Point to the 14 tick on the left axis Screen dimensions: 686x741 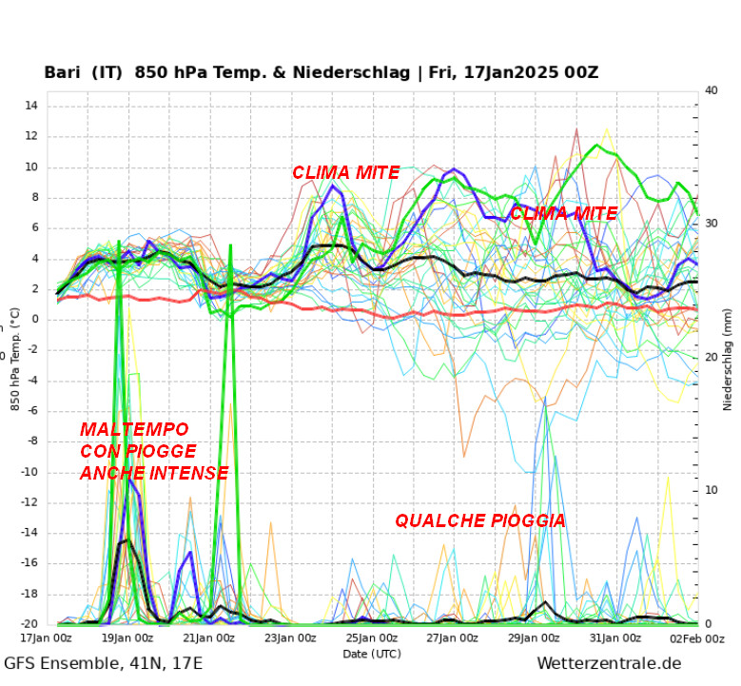pos(31,106)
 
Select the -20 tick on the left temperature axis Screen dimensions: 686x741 pos(29,624)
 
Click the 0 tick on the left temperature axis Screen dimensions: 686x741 pos(34,320)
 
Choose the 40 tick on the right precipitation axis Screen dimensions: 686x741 pos(712,90)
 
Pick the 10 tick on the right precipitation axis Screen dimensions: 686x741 pos(712,490)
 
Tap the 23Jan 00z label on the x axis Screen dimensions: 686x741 pos(289,637)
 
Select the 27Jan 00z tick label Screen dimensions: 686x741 pos(452,637)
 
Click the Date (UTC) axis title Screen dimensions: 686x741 pos(372,654)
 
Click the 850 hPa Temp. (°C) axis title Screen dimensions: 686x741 pos(16,359)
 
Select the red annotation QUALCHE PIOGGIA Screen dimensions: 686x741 pos(480,520)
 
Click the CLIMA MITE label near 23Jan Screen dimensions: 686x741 pos(345,173)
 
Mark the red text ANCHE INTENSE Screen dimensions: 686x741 pos(154,473)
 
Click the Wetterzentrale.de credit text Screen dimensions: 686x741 pos(609,664)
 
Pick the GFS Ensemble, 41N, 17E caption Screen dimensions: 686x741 pos(103,664)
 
